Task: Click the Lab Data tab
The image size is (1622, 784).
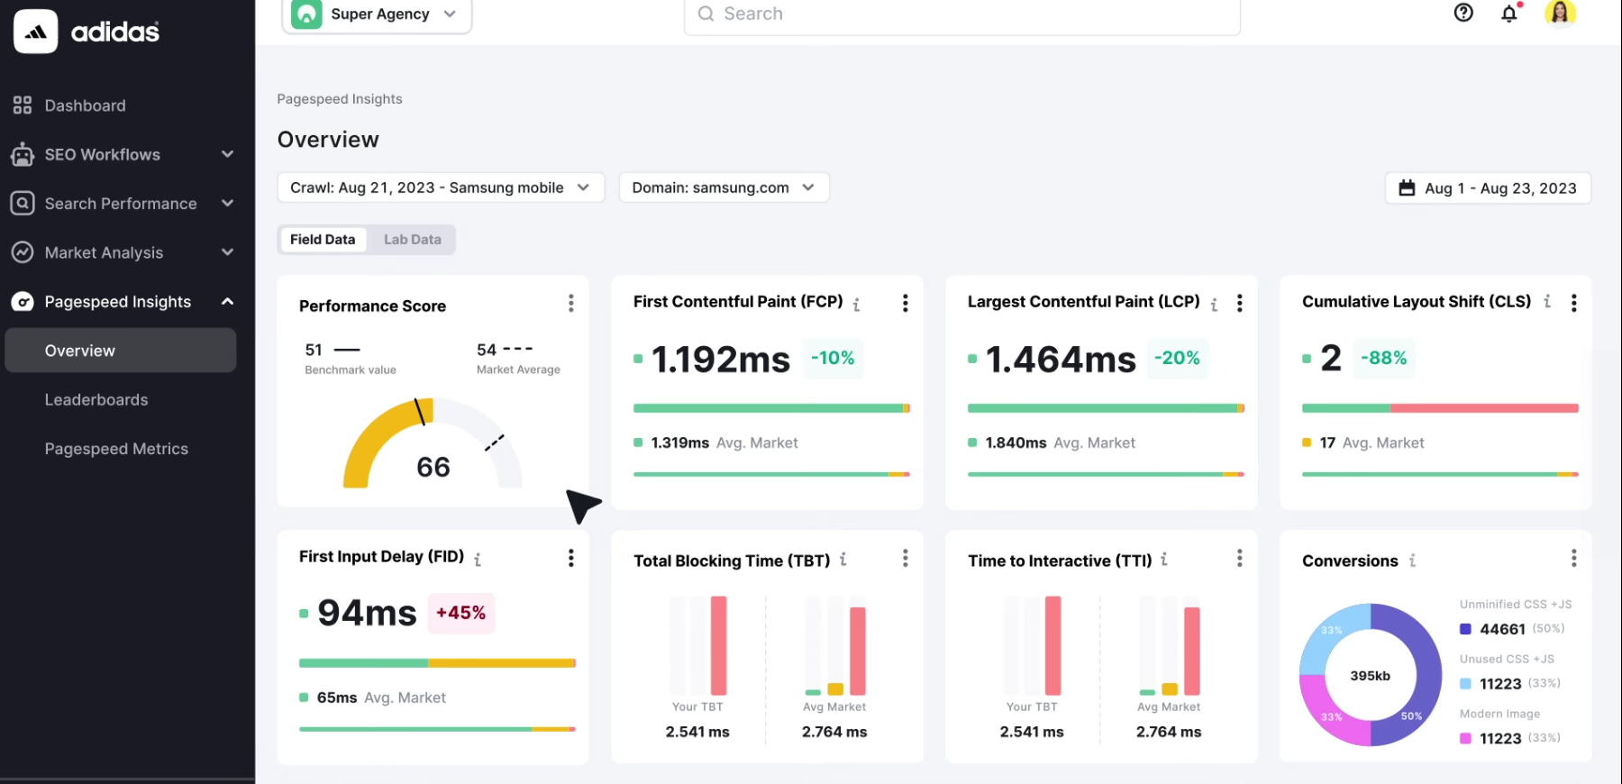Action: [x=412, y=240]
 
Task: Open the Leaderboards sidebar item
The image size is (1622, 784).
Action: [x=96, y=400]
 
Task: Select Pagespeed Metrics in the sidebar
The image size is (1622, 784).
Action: [x=116, y=449]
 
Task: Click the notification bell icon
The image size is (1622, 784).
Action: [x=1509, y=14]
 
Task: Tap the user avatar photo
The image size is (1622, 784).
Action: [x=1560, y=13]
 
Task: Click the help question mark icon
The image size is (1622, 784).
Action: [x=1463, y=13]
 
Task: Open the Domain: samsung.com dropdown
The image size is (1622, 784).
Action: [x=724, y=187]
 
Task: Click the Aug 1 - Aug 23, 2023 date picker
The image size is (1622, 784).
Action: [x=1488, y=188]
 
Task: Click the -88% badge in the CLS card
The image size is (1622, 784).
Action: [x=1383, y=358]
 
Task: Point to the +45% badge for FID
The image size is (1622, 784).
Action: [x=460, y=613]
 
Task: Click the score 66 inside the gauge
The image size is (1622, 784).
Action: [x=433, y=467]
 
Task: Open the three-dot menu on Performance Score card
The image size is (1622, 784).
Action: [x=570, y=304]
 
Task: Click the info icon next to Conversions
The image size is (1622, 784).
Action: [x=1412, y=561]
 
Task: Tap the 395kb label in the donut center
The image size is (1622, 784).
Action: [x=1370, y=676]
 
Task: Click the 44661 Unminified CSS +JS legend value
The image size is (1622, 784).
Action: [x=1502, y=629]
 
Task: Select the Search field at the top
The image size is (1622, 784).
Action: [x=961, y=14]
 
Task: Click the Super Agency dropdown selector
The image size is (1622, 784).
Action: [x=378, y=14]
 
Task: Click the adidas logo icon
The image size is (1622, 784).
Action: [x=36, y=32]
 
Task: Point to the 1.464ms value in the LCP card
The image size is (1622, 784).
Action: [x=1061, y=360]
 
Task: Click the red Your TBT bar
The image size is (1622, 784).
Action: [x=718, y=645]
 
